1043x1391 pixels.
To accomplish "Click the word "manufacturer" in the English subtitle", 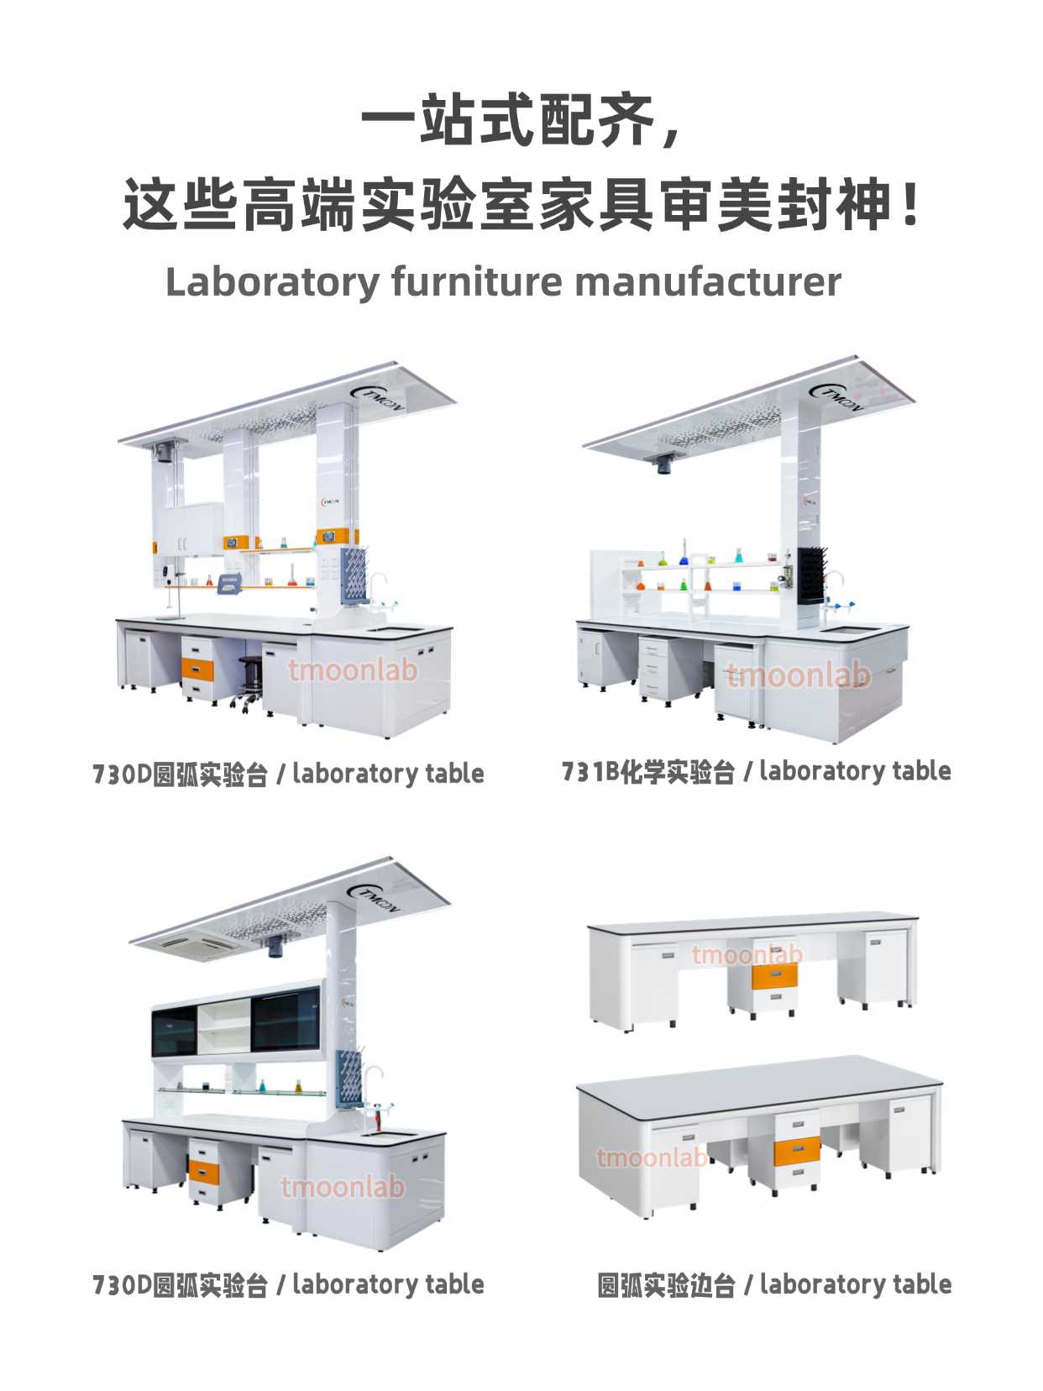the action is [707, 281].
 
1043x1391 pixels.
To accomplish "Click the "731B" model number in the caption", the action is [590, 771].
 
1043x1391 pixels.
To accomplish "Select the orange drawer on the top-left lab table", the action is [197, 668].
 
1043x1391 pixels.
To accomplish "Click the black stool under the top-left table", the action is [249, 685].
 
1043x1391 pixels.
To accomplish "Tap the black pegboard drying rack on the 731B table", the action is [811, 576].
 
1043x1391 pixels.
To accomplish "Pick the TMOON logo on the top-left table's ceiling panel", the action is [376, 397].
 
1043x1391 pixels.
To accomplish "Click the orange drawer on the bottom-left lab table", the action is [203, 1173].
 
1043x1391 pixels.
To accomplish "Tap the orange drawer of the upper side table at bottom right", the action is [774, 976].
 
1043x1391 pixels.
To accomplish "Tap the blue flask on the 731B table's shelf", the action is [684, 553].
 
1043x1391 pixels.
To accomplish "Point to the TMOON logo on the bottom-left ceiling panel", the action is [374, 897].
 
